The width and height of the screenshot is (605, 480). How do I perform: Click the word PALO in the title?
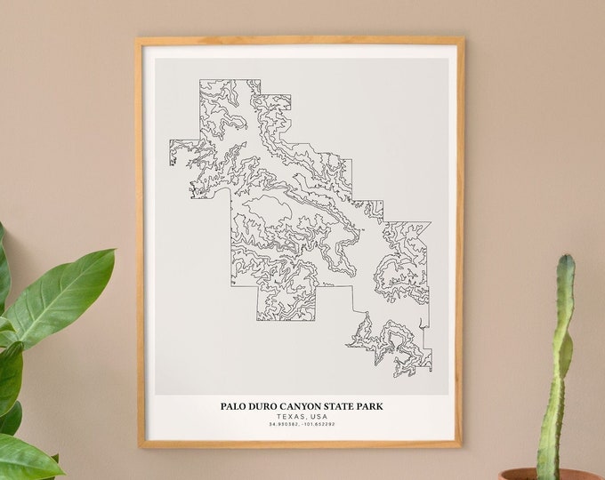pyautogui.click(x=236, y=407)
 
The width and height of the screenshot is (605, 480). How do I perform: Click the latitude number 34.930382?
pyautogui.click(x=282, y=425)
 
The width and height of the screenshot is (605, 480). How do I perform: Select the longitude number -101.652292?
pyautogui.click(x=318, y=425)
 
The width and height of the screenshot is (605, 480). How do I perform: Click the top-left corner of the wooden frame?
pyautogui.click(x=137, y=38)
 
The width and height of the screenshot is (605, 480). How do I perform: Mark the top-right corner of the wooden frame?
pyautogui.click(x=463, y=38)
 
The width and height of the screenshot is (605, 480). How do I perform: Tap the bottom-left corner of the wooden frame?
pyautogui.click(x=137, y=445)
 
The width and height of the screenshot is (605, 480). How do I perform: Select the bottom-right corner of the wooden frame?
pyautogui.click(x=463, y=445)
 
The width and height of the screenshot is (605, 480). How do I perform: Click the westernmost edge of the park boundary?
pyautogui.click(x=170, y=153)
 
